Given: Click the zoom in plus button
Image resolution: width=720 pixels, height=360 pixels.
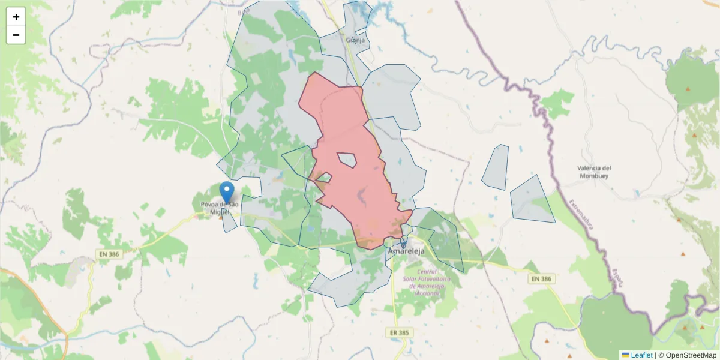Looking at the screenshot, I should [16, 17].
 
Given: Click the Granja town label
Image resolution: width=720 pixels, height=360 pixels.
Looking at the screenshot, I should [355, 40].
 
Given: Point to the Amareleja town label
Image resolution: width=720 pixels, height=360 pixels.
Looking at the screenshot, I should [406, 251].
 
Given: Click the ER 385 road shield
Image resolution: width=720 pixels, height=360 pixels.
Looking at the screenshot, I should [399, 332].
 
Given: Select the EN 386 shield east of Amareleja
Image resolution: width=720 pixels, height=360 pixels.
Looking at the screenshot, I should [542, 279].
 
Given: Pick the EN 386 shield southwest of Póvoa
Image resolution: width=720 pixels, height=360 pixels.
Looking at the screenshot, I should [109, 254].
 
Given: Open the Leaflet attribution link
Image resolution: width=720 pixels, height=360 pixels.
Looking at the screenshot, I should [641, 355].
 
